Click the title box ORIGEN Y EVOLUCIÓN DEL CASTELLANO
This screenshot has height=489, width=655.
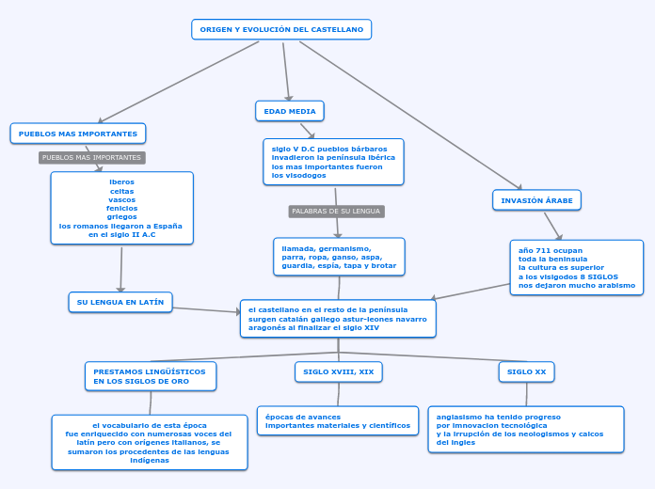(x=281, y=30)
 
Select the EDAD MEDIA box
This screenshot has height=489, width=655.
(x=290, y=111)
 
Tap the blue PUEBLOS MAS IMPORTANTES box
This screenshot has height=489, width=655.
(x=78, y=134)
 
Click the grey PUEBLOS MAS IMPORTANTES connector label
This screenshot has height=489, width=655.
(x=91, y=158)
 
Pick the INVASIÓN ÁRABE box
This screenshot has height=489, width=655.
(x=536, y=200)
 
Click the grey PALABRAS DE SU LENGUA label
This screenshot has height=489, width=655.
(x=336, y=212)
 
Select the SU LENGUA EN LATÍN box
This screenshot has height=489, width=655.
(x=120, y=302)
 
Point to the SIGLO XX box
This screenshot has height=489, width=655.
(x=526, y=372)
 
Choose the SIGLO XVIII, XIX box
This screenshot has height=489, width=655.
(x=339, y=372)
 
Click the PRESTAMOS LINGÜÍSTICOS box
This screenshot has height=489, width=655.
(x=151, y=376)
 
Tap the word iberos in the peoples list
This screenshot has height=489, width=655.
(x=121, y=182)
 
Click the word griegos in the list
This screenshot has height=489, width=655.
(x=121, y=216)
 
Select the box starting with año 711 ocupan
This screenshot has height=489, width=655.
(x=576, y=268)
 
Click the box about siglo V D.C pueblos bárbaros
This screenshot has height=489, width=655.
(x=333, y=162)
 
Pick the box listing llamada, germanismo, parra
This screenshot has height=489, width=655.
(x=339, y=257)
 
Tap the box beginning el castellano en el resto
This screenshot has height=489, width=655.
(x=338, y=318)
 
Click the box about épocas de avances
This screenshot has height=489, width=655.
(x=338, y=420)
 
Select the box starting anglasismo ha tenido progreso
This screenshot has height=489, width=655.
(x=525, y=429)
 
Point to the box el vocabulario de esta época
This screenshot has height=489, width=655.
(x=150, y=442)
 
